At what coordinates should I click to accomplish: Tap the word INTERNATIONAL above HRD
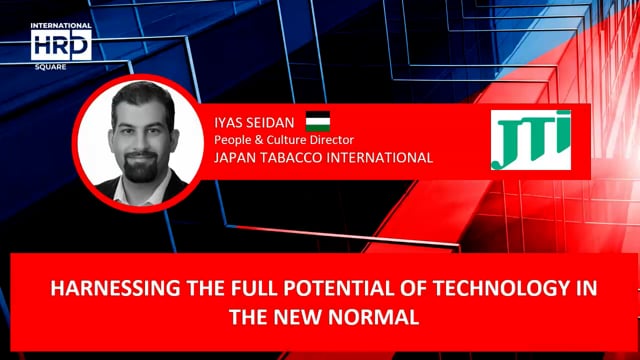tap(61, 26)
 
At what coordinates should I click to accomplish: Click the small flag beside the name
tap(318, 119)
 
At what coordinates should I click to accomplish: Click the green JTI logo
tap(530, 139)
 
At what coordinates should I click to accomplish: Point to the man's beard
tap(139, 165)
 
